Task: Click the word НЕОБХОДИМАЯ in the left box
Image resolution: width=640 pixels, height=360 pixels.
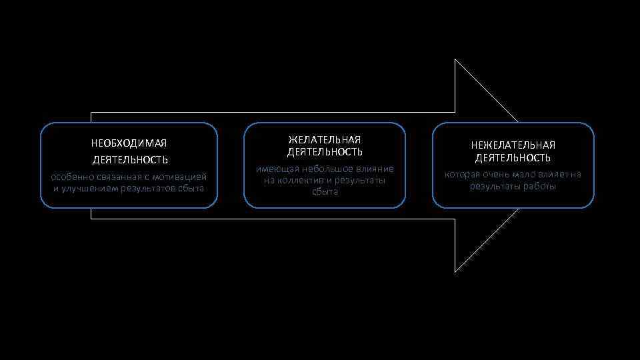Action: [129, 143]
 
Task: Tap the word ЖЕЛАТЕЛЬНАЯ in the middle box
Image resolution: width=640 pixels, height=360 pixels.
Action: [325, 139]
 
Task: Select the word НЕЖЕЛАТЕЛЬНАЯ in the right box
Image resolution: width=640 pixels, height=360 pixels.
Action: [513, 145]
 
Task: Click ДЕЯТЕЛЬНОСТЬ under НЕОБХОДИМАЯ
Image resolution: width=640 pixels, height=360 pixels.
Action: [129, 160]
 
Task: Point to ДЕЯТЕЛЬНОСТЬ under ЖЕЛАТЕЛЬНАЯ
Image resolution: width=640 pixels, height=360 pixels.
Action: [325, 153]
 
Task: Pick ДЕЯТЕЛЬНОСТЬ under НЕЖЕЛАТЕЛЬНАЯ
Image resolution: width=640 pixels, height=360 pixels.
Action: [513, 158]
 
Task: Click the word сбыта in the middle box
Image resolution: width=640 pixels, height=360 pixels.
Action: [325, 192]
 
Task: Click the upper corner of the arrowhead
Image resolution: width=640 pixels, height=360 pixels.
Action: [455, 60]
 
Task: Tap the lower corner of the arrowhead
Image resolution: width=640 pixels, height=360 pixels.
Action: [455, 272]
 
